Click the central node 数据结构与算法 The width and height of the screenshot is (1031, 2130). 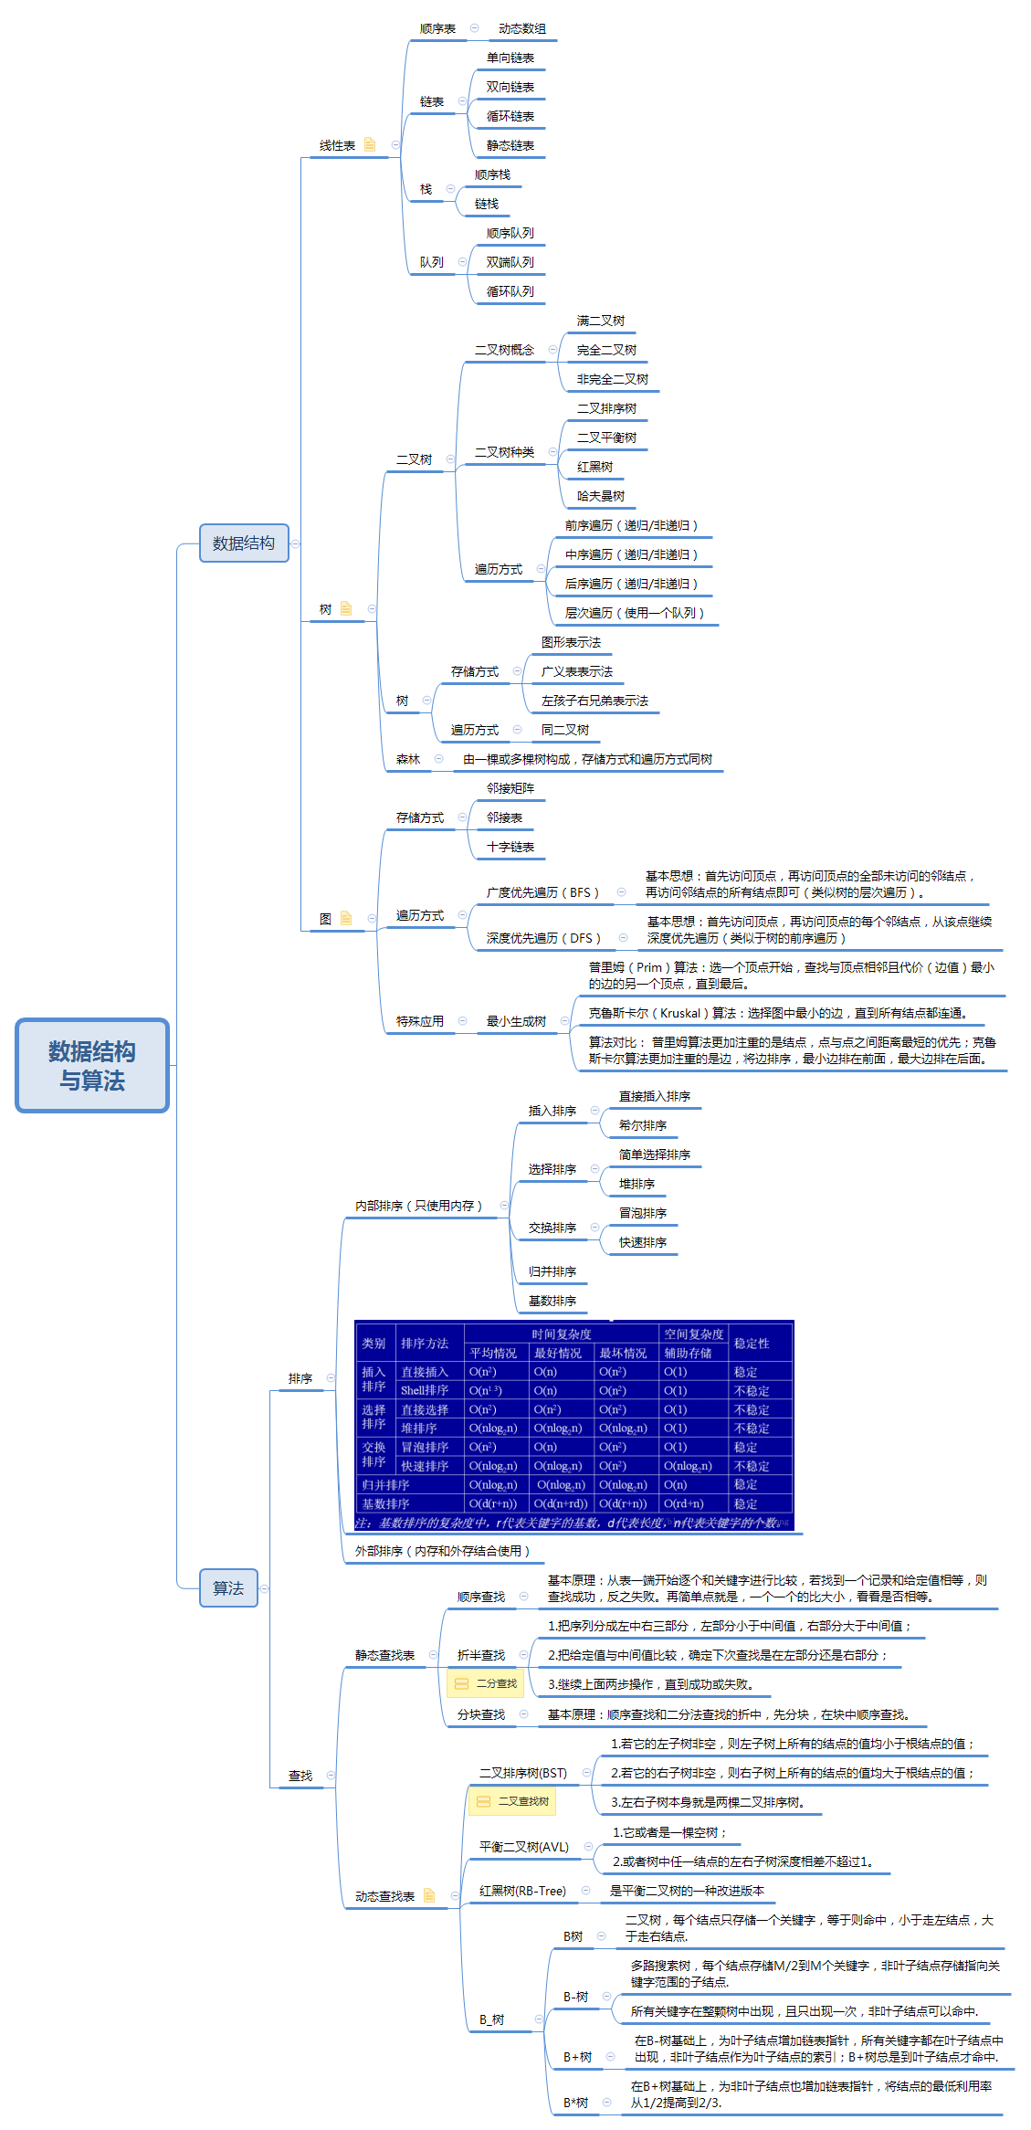point(92,1065)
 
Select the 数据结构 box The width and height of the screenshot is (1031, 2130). point(244,543)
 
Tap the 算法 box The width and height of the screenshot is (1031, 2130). point(228,1587)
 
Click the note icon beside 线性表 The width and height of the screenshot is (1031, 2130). point(370,144)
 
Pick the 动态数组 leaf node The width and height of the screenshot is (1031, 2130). point(522,28)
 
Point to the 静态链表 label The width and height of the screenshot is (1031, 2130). point(510,145)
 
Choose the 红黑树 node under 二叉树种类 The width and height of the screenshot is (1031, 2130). point(594,467)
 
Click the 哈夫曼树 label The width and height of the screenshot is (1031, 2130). point(601,496)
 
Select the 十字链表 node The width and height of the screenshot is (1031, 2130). point(510,847)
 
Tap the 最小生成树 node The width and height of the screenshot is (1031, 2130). point(516,1021)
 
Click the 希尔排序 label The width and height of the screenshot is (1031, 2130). point(643,1125)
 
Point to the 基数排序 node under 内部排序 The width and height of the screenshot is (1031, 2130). point(552,1301)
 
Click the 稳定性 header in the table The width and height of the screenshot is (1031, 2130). point(752,1344)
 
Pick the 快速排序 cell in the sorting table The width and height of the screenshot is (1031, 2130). point(425,1466)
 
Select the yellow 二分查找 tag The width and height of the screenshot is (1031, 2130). point(487,1683)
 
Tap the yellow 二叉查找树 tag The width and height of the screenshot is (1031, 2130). point(512,1801)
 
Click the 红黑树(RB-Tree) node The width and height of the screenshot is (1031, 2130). point(522,1891)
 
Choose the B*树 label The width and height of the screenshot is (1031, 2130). point(575,2103)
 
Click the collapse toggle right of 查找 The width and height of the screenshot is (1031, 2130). point(331,1776)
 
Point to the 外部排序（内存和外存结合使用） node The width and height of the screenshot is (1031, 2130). point(442,1551)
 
